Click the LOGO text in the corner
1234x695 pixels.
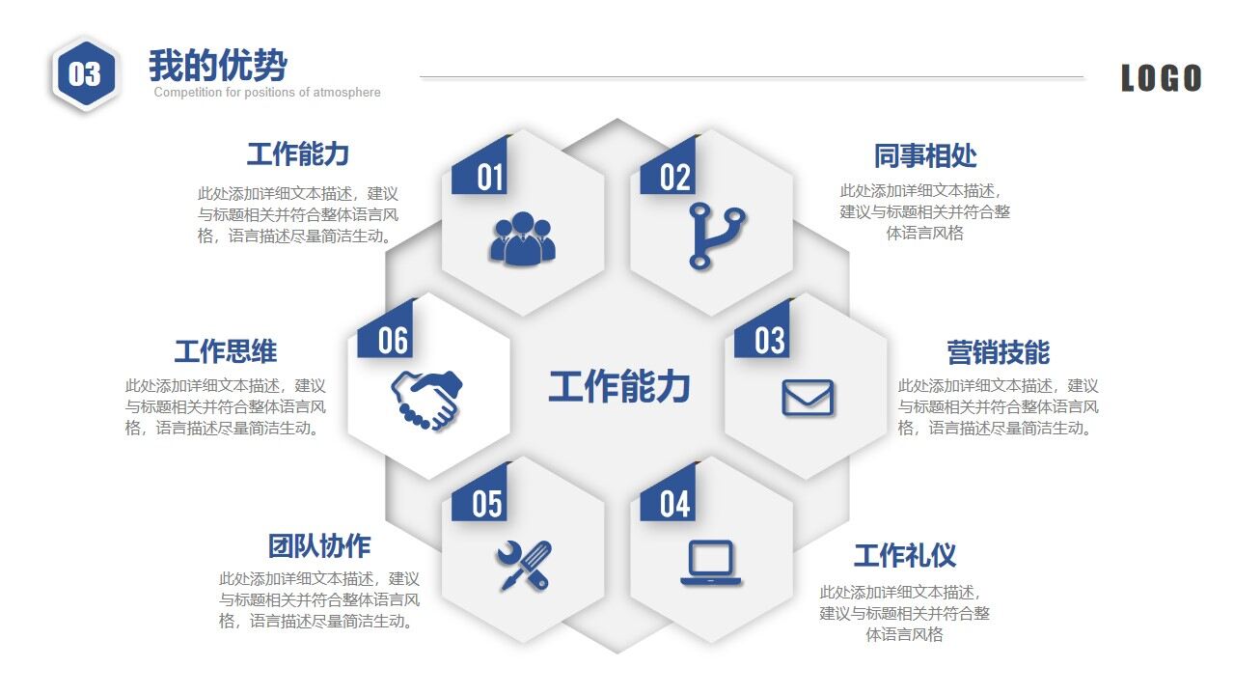1161,78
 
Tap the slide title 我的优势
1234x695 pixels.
217,66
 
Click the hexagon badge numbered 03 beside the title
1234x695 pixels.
85,73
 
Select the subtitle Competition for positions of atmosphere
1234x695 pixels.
267,93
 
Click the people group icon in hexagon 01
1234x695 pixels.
522,238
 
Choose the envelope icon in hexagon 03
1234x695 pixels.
807,398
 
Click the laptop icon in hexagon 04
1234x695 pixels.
711,563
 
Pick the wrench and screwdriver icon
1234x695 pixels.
524,565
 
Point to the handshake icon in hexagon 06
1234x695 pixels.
426,399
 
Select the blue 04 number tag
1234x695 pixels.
675,503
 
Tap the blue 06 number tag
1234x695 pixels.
393,340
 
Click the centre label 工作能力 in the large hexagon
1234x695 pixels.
618,386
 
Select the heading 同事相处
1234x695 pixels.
925,155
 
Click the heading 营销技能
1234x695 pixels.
998,352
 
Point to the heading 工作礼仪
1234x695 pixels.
904,556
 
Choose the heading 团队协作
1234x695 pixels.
318,545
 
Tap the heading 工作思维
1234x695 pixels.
225,350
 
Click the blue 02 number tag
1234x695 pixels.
674,177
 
